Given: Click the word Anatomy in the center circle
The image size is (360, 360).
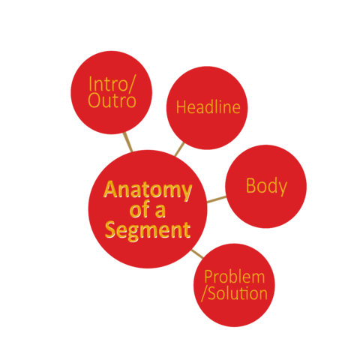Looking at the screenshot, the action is tap(148, 190).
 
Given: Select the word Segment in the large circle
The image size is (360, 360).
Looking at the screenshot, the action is tap(148, 230).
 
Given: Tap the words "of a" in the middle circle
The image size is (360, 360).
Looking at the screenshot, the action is tap(148, 209).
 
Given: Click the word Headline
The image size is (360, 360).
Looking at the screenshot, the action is tap(208, 107).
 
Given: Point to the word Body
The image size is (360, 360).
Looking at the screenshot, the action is tap(266, 187).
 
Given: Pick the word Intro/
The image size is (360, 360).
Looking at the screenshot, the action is tap(112, 84).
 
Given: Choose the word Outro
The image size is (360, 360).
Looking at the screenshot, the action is tap(112, 101).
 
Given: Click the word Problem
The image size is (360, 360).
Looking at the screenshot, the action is tap(235, 277).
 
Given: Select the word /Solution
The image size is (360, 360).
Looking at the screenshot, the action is tap(235, 293).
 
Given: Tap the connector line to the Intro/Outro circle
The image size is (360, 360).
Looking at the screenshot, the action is tap(127, 142).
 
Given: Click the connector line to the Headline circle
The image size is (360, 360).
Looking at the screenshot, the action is tap(179, 149).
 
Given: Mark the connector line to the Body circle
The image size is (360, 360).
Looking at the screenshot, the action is tap(217, 199).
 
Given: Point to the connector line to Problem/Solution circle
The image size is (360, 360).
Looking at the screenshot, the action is tap(197, 253).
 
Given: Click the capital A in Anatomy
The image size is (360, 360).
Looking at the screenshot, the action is tap(110, 189).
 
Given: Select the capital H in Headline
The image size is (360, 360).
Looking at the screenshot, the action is tap(181, 107).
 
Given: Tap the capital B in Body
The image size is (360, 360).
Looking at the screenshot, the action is tap(250, 185).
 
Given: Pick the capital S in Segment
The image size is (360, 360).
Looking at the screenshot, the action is tap(110, 229).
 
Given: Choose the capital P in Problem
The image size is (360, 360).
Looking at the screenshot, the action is tap(208, 277).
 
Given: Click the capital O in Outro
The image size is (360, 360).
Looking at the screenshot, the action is tap(94, 100).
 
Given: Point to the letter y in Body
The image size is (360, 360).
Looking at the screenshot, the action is tap(283, 189).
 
